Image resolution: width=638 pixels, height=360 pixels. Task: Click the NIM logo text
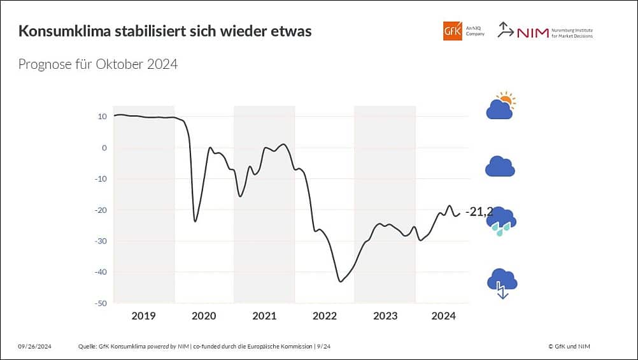pyautogui.click(x=533, y=32)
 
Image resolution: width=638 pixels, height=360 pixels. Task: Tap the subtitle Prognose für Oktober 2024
pyautogui.click(x=97, y=64)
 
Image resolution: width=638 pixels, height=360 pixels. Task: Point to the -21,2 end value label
pyautogui.click(x=478, y=212)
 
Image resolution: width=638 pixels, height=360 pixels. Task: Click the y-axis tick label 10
pyautogui.click(x=102, y=117)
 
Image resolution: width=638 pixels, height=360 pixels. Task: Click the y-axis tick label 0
pyautogui.click(x=104, y=148)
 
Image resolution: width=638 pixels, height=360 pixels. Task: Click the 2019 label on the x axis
pyautogui.click(x=143, y=316)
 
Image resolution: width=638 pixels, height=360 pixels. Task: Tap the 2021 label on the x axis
pyautogui.click(x=264, y=316)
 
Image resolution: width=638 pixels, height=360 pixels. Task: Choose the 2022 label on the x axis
pyautogui.click(x=325, y=316)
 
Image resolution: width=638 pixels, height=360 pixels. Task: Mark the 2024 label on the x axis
pyautogui.click(x=443, y=316)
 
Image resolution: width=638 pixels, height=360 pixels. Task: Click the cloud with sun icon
pyautogui.click(x=500, y=106)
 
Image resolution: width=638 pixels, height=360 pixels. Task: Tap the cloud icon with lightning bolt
pyautogui.click(x=502, y=282)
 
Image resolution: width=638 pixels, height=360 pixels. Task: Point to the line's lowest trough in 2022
pyautogui.click(x=341, y=281)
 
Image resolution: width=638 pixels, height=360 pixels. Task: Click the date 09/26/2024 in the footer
pyautogui.click(x=34, y=346)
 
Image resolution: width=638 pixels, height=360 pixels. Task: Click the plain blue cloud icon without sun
pyautogui.click(x=500, y=166)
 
